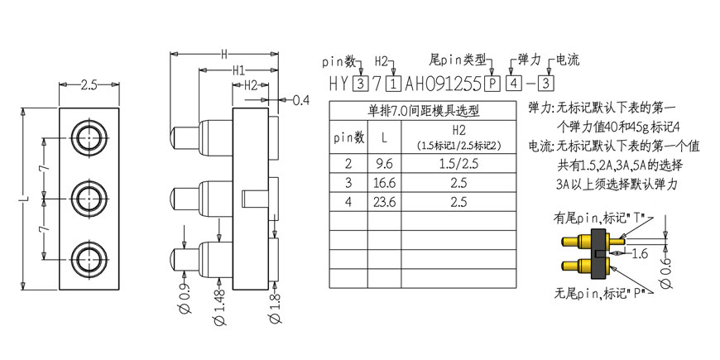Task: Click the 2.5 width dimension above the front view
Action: (89, 85)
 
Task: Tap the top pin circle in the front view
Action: (89, 137)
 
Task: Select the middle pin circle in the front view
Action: (89, 199)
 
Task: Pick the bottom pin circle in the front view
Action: (89, 259)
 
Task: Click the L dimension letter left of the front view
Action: (26, 199)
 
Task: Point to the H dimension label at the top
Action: (224, 55)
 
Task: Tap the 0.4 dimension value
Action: (300, 99)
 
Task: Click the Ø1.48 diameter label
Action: (220, 306)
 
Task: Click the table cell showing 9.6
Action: (384, 164)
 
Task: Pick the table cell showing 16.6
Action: (384, 183)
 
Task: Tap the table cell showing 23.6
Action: (384, 202)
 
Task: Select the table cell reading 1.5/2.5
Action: (458, 164)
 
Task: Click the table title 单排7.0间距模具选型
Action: (422, 111)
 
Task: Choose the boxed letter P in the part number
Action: (492, 84)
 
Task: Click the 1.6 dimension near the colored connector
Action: (638, 253)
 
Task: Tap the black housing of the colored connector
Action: (598, 253)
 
